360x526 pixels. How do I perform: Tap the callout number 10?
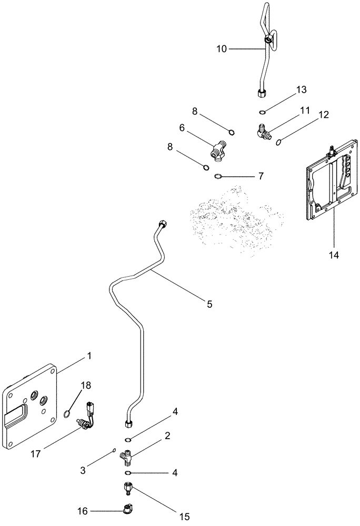point(222,49)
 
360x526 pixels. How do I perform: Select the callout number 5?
point(209,304)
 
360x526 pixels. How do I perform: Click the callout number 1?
point(89,356)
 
